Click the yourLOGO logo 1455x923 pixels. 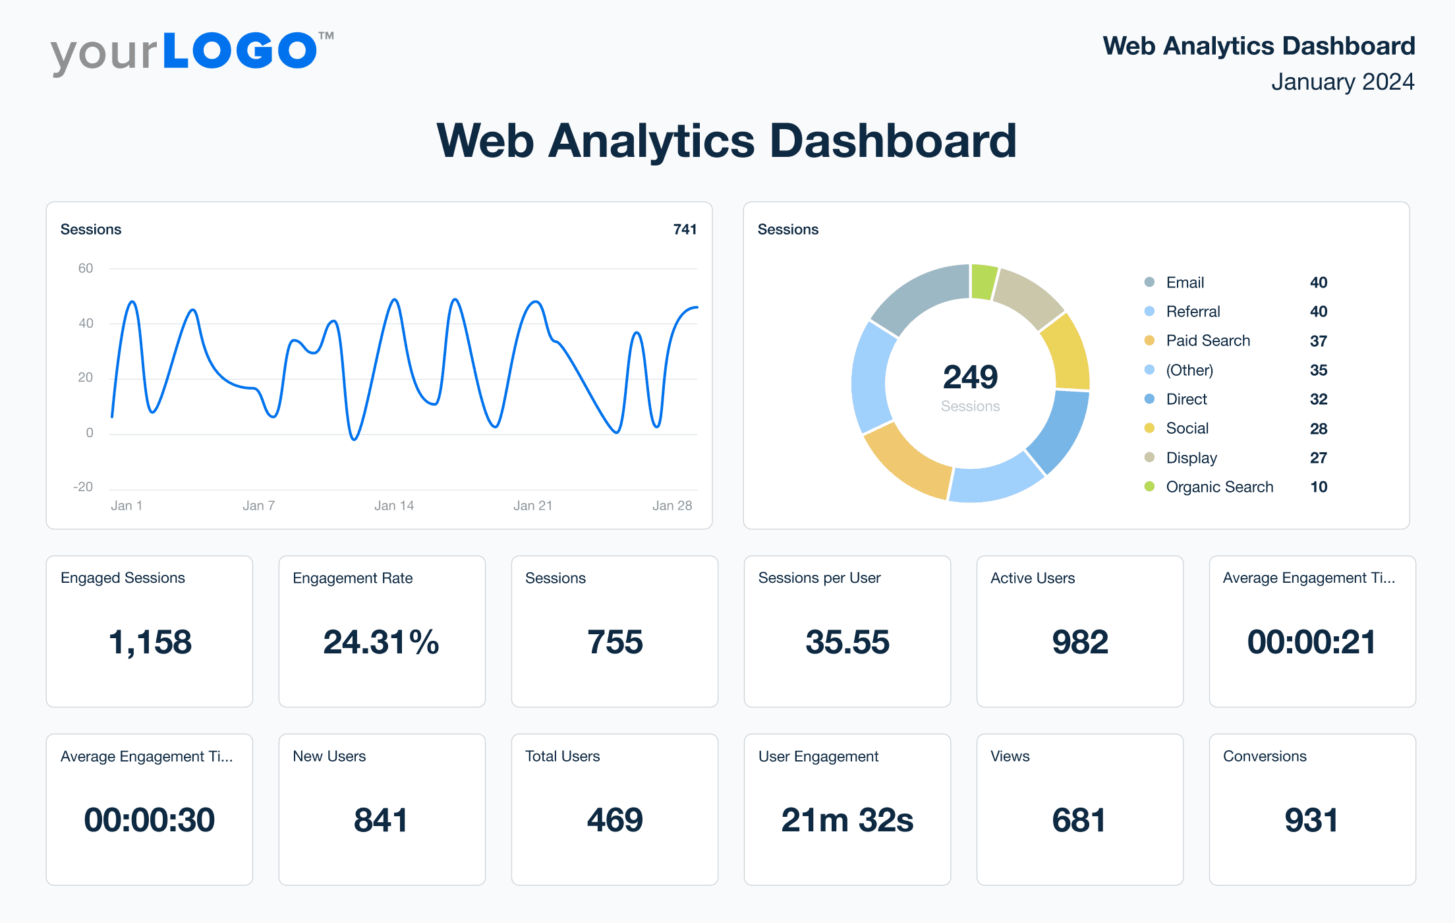[191, 53]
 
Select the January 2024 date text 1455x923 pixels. [1342, 82]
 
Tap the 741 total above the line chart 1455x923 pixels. [685, 229]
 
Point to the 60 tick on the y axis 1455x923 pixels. [86, 268]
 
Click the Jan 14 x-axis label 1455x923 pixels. [394, 506]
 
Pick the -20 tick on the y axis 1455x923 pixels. [83, 487]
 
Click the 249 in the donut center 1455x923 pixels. [970, 377]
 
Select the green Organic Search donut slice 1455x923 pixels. [984, 282]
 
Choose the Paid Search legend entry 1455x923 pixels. [1207, 341]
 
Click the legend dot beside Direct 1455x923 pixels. [1150, 399]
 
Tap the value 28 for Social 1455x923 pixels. [1318, 429]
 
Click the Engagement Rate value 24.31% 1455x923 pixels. [382, 642]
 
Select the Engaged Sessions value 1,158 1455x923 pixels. [150, 642]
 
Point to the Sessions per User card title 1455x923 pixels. [819, 578]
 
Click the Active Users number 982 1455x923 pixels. [1079, 642]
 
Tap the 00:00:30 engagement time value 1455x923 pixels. [150, 820]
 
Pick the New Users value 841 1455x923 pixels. [382, 820]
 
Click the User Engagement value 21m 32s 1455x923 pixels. [847, 820]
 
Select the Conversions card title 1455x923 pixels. [1265, 756]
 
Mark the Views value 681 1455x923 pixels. [1079, 820]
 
